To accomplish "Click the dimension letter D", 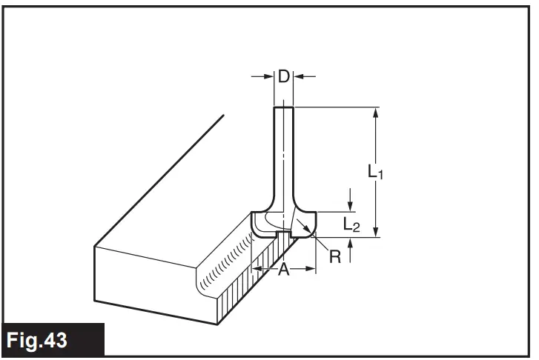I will [x=284, y=76].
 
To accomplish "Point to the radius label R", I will [x=334, y=256].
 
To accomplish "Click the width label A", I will [x=282, y=270].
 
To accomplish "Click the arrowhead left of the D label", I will [x=269, y=76].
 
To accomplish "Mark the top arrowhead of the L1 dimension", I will [x=377, y=113].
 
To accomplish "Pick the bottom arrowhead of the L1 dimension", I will [x=377, y=232].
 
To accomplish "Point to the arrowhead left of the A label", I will [x=256, y=270].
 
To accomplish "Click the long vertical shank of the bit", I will [x=284, y=156].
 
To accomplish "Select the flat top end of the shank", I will [x=284, y=108].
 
